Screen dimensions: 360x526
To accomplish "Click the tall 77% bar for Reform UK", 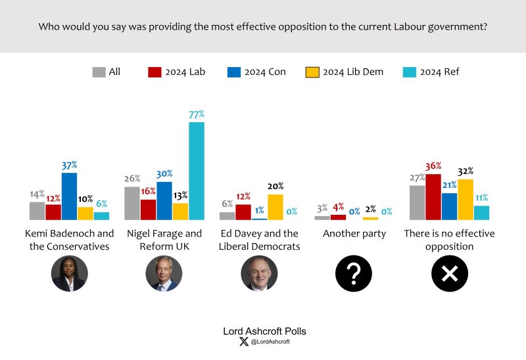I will click(197, 170).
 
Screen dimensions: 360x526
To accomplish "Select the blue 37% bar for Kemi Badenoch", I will click(69, 196).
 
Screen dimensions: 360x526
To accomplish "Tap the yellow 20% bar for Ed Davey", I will click(275, 206).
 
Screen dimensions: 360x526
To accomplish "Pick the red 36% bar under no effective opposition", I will click(433, 196).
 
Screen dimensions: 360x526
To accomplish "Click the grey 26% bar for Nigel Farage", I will click(132, 203).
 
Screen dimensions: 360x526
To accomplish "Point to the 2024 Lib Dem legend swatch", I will click(313, 72).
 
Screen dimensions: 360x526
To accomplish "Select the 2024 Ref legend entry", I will click(439, 72).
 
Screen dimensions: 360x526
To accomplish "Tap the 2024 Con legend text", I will click(266, 72).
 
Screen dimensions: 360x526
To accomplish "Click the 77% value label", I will click(197, 114).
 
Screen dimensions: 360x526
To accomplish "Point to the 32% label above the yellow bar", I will click(466, 171).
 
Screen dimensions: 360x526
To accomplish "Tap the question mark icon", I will click(354, 273).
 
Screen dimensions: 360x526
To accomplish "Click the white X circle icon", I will click(449, 273).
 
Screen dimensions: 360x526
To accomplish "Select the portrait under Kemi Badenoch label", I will click(69, 273).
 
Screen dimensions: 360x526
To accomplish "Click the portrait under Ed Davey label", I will click(259, 273).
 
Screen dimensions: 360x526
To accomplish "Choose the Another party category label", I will click(354, 234).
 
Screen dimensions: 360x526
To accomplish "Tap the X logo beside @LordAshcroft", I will click(245, 342).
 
